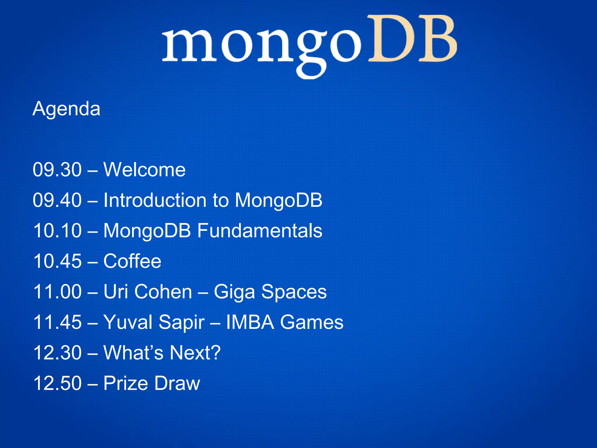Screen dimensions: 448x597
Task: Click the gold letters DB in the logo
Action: coord(412,39)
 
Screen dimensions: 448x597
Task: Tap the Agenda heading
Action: coord(66,109)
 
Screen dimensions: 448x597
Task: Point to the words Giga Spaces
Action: coord(270,292)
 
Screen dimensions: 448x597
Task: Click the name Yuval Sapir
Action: coord(154,323)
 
